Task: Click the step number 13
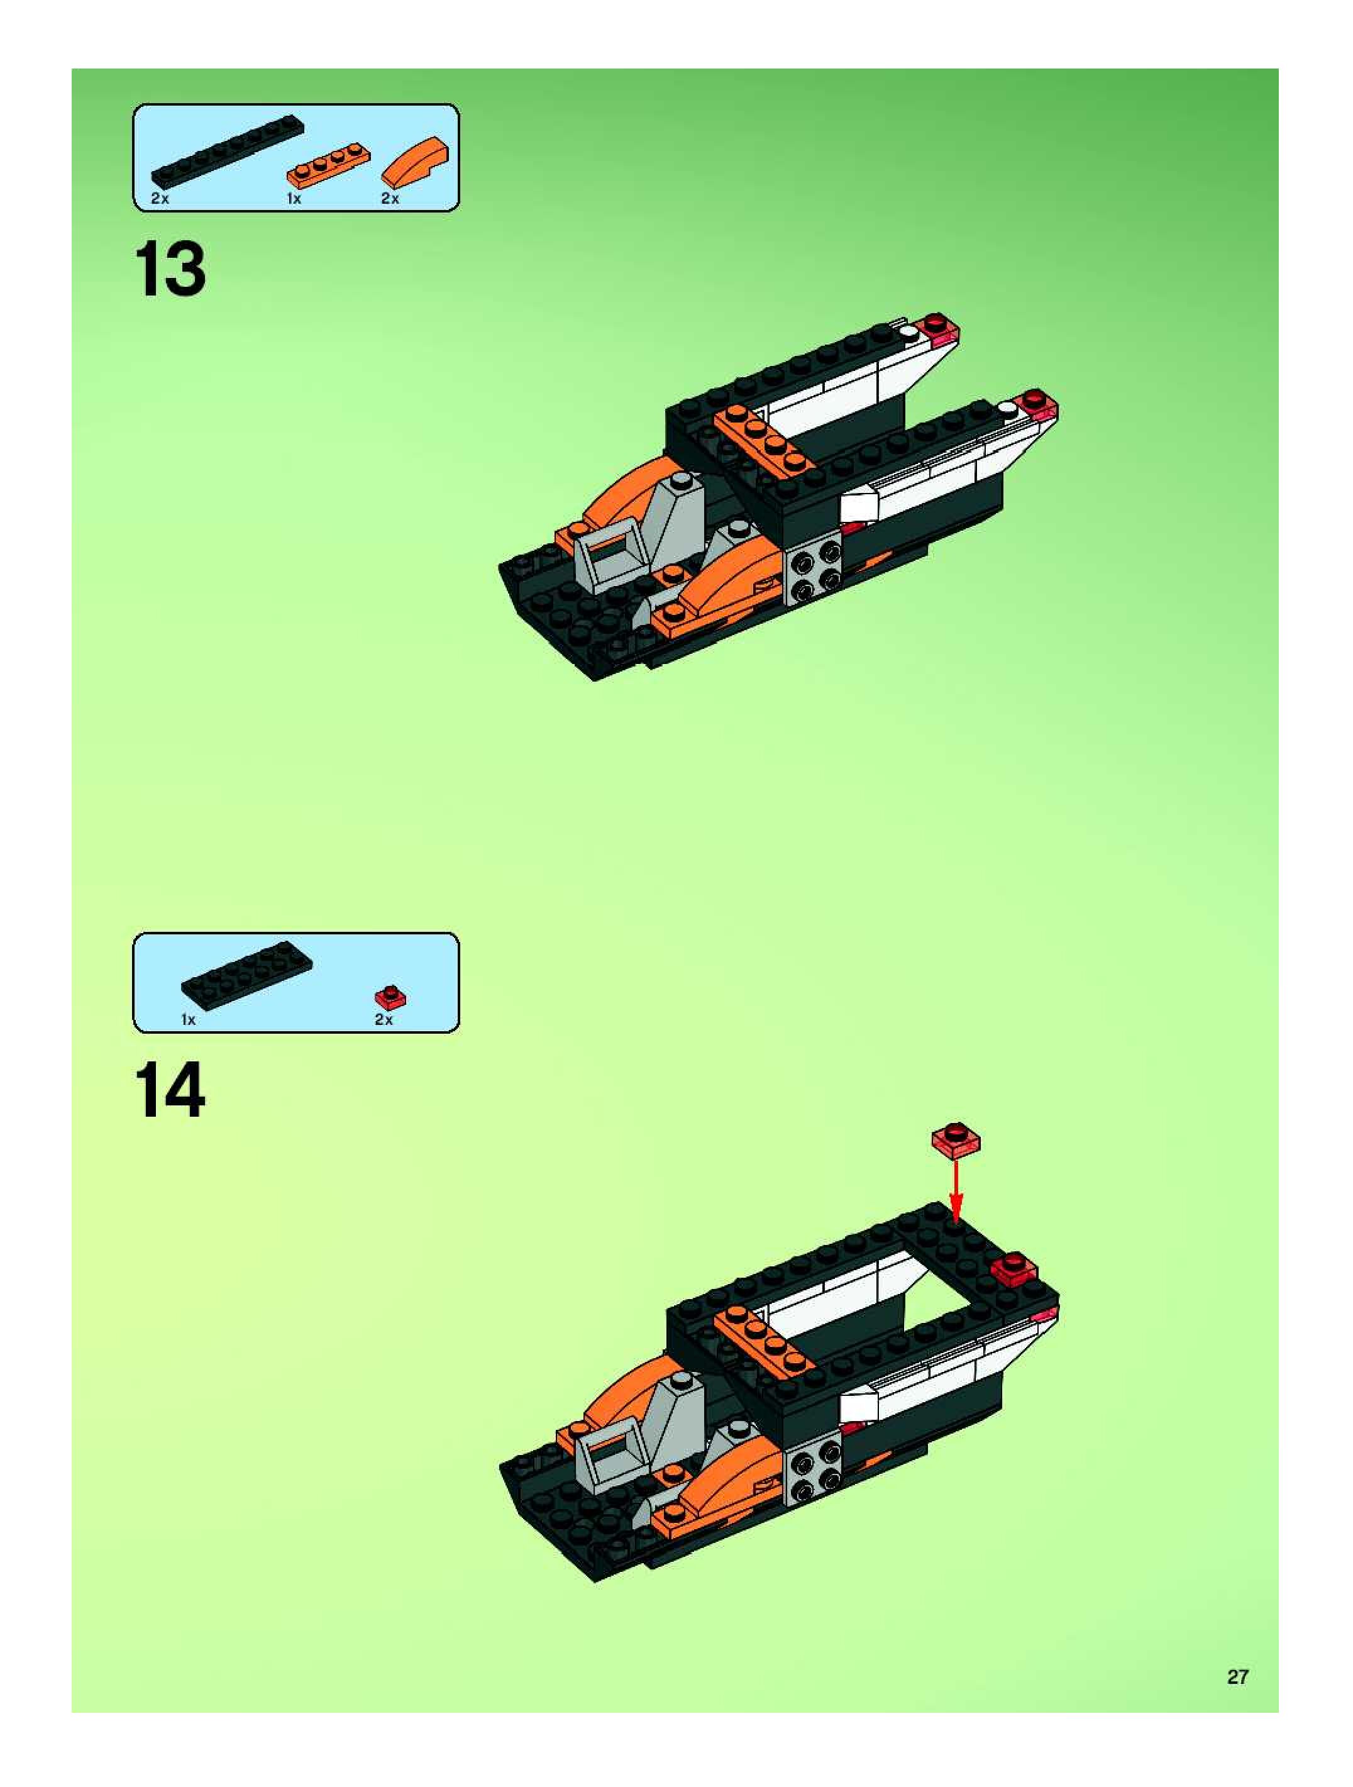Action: [x=170, y=270]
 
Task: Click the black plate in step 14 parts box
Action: [x=247, y=976]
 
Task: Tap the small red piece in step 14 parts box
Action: [x=390, y=999]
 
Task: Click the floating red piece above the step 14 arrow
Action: [x=956, y=1140]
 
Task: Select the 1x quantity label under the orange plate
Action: [x=293, y=199]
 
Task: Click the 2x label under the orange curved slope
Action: [x=390, y=199]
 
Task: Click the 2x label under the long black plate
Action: [x=160, y=199]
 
